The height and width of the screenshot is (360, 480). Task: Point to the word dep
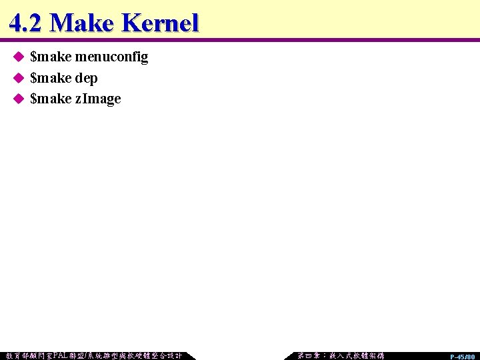(86, 78)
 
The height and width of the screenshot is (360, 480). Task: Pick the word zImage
(98, 99)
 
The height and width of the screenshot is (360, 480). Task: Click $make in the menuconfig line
(51, 57)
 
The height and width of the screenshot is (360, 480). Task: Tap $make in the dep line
(51, 78)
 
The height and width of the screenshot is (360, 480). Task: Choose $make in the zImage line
(51, 99)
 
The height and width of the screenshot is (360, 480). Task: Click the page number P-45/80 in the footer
(462, 357)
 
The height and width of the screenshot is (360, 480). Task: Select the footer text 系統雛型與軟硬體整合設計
(139, 355)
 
